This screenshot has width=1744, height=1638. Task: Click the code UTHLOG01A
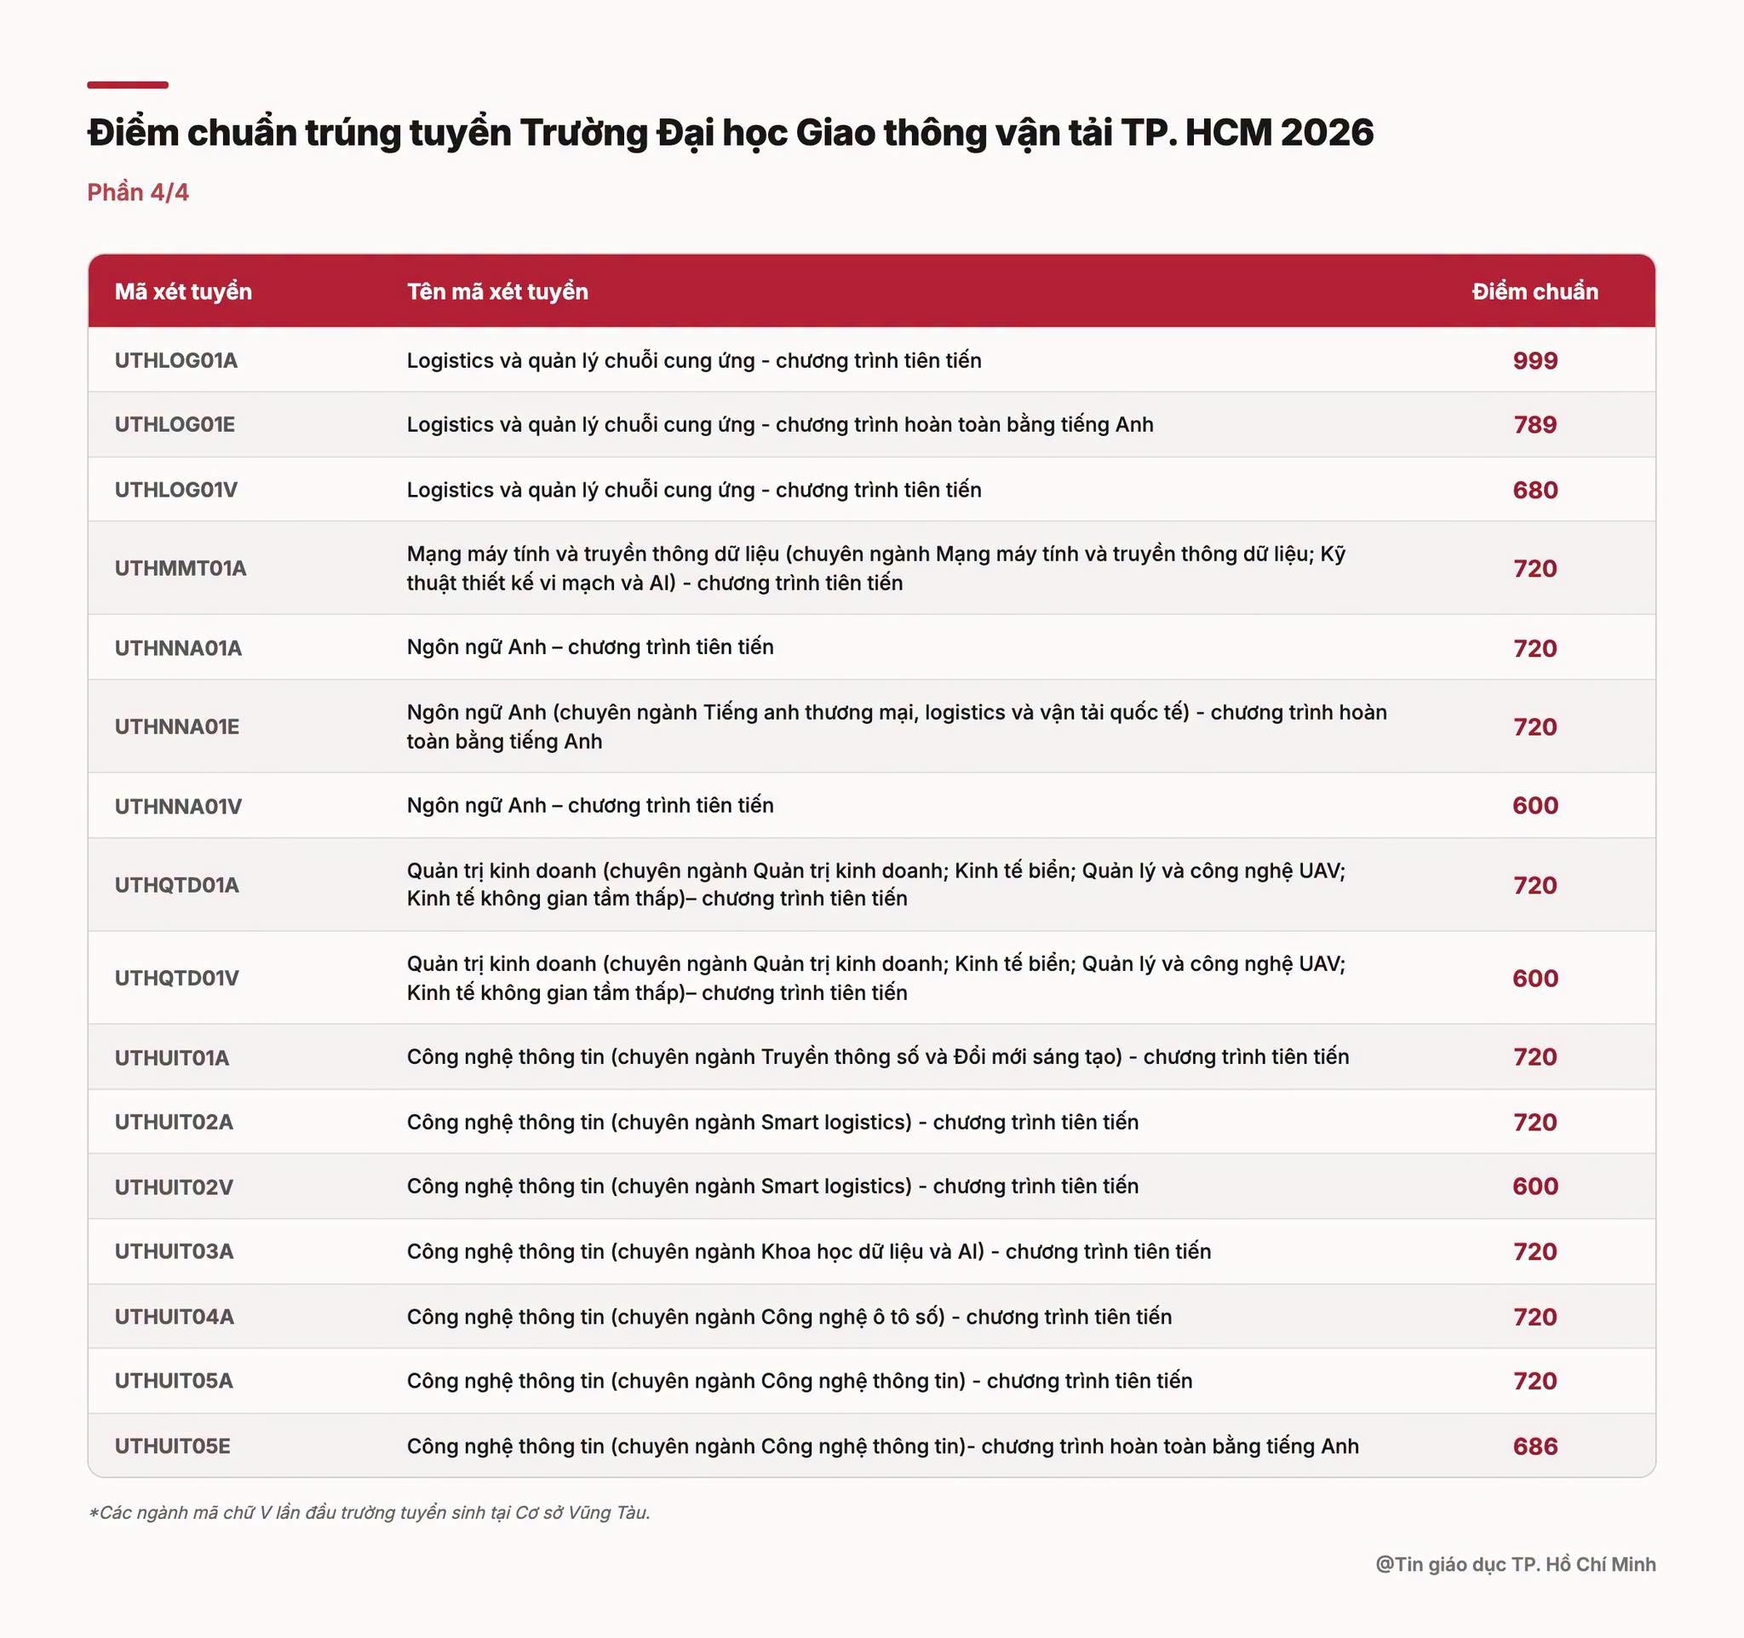pyautogui.click(x=175, y=360)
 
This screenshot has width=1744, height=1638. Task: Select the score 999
pyautogui.click(x=1535, y=360)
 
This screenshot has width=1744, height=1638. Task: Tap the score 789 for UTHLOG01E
pyautogui.click(x=1535, y=425)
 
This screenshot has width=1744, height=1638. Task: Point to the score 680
pyautogui.click(x=1535, y=490)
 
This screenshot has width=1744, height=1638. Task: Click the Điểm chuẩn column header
pyautogui.click(x=1535, y=291)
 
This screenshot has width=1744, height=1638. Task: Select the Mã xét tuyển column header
pyautogui.click(x=183, y=291)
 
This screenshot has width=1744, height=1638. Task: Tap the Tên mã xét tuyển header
pyautogui.click(x=497, y=291)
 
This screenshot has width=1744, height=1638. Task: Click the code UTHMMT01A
pyautogui.click(x=181, y=568)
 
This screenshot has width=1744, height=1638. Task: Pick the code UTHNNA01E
pyautogui.click(x=177, y=727)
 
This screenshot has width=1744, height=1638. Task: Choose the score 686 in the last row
pyautogui.click(x=1535, y=1445)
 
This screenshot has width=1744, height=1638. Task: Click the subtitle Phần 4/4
pyautogui.click(x=138, y=193)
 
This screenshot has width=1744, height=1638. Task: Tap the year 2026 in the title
pyautogui.click(x=1327, y=133)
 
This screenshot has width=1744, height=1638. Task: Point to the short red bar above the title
pyautogui.click(x=127, y=85)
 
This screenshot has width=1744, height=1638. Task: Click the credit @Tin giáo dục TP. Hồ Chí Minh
pyautogui.click(x=1515, y=1564)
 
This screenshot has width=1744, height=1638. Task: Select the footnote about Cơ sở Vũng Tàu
pyautogui.click(x=369, y=1513)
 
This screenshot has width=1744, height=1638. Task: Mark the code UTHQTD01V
pyautogui.click(x=176, y=978)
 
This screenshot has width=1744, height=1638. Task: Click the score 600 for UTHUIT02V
pyautogui.click(x=1535, y=1187)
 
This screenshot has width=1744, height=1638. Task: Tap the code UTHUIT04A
pyautogui.click(x=175, y=1317)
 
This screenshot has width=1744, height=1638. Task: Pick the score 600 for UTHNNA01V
pyautogui.click(x=1535, y=806)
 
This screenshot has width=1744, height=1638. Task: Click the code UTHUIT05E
pyautogui.click(x=173, y=1445)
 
